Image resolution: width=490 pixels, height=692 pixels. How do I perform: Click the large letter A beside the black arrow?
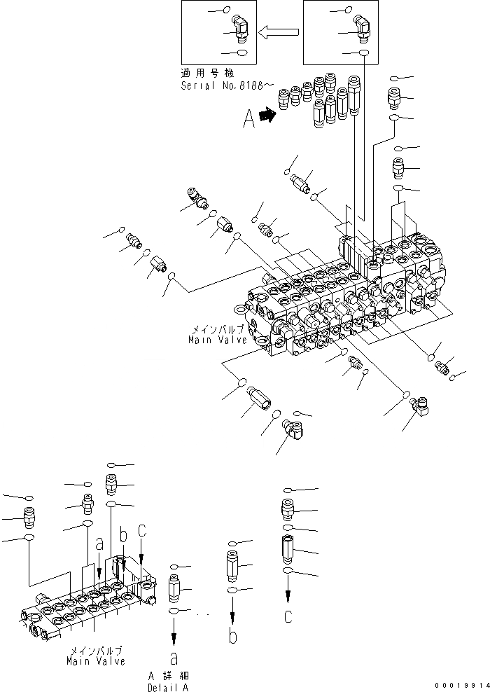pos(248,122)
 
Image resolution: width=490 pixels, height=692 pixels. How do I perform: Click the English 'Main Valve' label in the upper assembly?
pos(217,340)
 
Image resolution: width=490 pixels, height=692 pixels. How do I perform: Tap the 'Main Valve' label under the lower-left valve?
pos(96,660)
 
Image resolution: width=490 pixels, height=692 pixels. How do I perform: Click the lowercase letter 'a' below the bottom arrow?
pos(174,658)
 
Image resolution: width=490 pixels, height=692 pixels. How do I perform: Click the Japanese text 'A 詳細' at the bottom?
pos(164,675)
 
